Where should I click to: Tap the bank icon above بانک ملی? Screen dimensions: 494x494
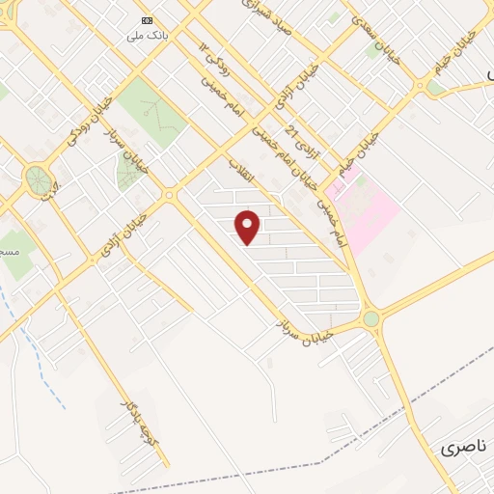click(147, 20)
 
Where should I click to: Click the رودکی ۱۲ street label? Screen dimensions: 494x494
click(211, 64)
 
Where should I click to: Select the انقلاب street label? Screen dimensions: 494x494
click(238, 171)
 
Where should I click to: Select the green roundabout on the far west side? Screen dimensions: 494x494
click(38, 178)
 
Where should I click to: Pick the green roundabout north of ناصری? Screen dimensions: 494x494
click(370, 317)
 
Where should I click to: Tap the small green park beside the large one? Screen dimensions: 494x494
click(128, 171)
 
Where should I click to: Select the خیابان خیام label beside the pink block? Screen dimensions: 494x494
click(360, 155)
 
